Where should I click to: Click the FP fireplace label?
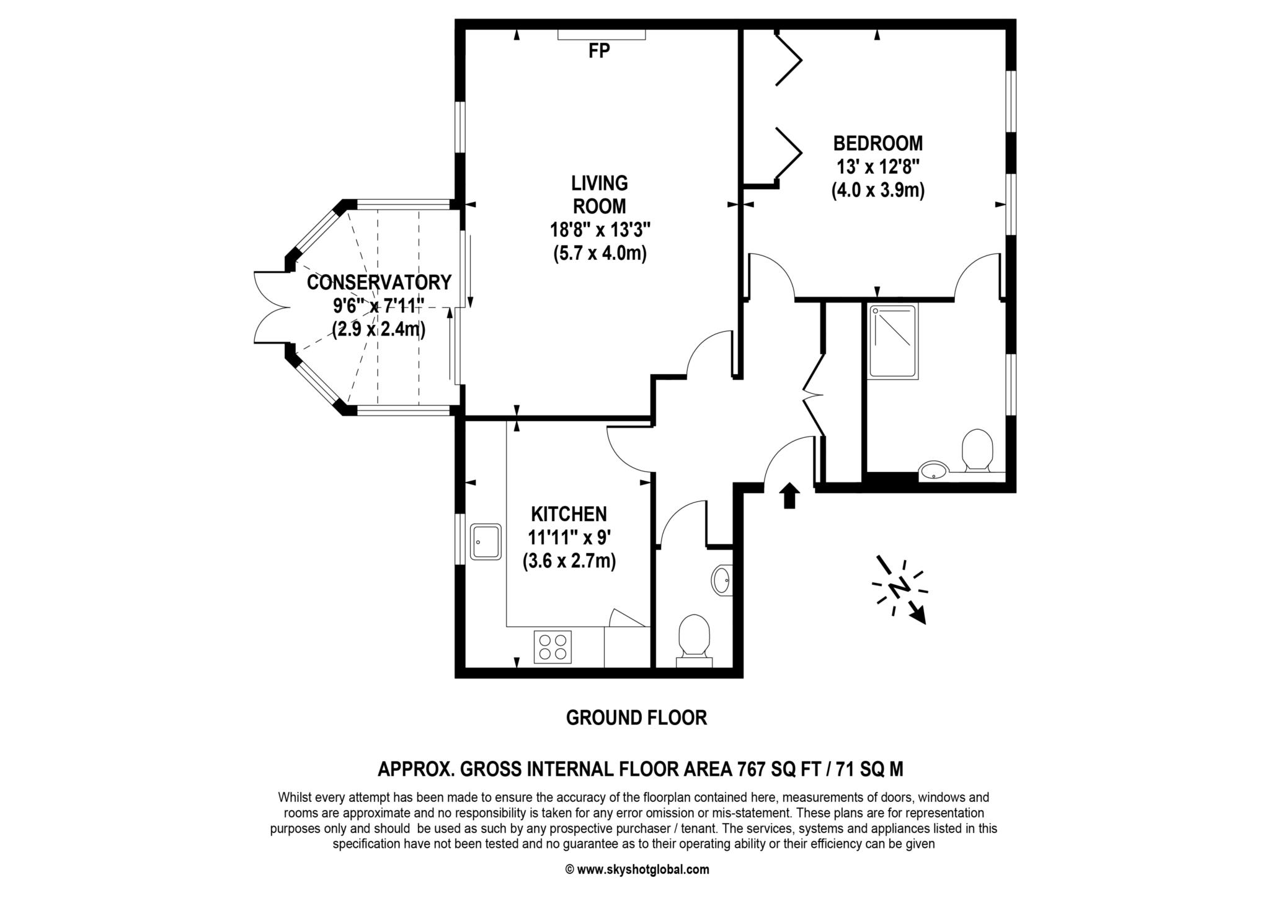click(599, 51)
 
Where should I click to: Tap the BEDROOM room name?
click(877, 143)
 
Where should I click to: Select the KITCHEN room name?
click(569, 514)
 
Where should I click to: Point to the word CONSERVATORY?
click(379, 282)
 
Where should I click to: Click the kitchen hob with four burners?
click(552, 647)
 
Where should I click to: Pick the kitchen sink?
click(486, 541)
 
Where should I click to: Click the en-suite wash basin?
click(932, 471)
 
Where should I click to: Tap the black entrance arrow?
click(789, 496)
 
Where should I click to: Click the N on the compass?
click(899, 587)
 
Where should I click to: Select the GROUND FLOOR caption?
click(636, 718)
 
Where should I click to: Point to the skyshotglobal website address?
click(643, 869)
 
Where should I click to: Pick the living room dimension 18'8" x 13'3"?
click(600, 230)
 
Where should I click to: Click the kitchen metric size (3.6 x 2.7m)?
click(569, 562)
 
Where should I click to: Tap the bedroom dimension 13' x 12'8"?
click(877, 167)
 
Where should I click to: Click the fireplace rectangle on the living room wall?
click(602, 35)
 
